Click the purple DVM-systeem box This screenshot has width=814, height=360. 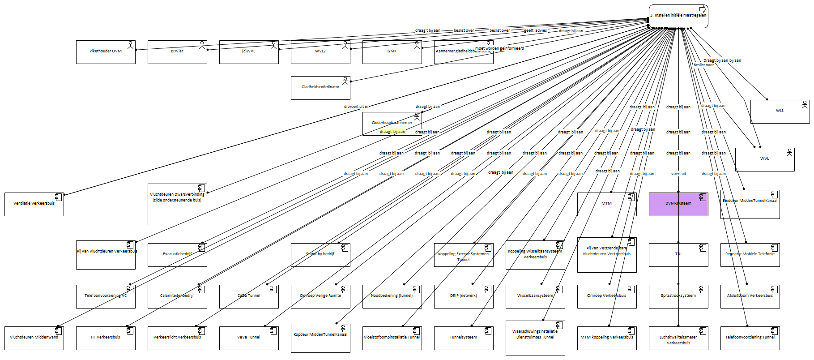(x=678, y=204)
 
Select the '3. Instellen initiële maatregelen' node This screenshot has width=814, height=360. (x=678, y=16)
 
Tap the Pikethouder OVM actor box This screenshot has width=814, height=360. (x=106, y=52)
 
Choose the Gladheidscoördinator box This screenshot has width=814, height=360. (x=320, y=88)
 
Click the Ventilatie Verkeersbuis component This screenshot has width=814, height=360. (x=34, y=204)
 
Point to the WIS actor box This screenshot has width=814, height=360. (x=780, y=111)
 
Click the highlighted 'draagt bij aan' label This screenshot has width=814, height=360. (x=392, y=132)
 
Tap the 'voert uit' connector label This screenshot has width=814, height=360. (x=678, y=174)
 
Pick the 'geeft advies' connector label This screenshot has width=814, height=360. (x=535, y=30)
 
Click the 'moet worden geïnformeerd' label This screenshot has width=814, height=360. (x=499, y=48)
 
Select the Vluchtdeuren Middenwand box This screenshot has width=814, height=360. (x=34, y=338)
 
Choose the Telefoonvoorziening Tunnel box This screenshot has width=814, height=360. (x=750, y=338)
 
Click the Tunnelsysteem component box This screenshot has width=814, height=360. (x=463, y=338)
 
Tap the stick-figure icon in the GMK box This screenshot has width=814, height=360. (x=417, y=45)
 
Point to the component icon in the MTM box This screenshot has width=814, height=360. (x=631, y=197)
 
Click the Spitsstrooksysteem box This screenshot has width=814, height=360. (x=678, y=296)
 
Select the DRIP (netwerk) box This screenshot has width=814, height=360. (x=463, y=296)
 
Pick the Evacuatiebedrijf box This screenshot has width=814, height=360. (x=177, y=255)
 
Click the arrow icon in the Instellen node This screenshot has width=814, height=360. (x=703, y=9)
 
